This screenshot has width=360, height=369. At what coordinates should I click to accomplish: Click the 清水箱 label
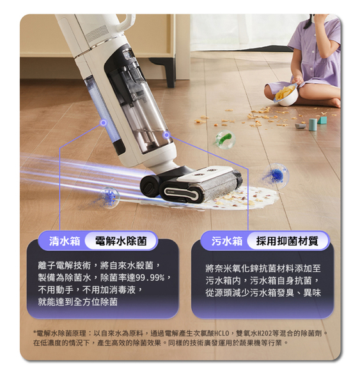pos(65,241)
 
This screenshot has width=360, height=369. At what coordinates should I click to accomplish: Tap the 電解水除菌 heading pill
pos(121,240)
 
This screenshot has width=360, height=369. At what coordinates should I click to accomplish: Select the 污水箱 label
pos(227,241)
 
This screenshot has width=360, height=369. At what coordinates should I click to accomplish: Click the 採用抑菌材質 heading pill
pos(287,240)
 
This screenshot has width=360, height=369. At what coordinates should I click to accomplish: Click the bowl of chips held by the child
pos(286,94)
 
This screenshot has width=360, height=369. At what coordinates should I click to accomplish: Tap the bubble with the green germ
pos(224,139)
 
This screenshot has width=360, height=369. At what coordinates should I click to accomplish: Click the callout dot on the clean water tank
pos(104,122)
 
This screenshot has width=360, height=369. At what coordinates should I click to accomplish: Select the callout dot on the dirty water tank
pos(167,135)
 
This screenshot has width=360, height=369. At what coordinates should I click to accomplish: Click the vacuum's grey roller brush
pos(219,186)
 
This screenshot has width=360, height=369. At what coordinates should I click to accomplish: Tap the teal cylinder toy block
pos(313,125)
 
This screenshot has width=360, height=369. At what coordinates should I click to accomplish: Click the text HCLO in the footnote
pos(222,333)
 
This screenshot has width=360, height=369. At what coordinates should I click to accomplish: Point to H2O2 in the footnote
pos(263,333)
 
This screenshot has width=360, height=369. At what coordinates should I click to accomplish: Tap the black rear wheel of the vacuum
pos(150,186)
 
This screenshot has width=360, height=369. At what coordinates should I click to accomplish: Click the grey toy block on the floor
pos(301,126)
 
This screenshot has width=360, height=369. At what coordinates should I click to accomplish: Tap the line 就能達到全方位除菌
pos(77,302)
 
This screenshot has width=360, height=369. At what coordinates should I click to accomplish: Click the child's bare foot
pos(334,103)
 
